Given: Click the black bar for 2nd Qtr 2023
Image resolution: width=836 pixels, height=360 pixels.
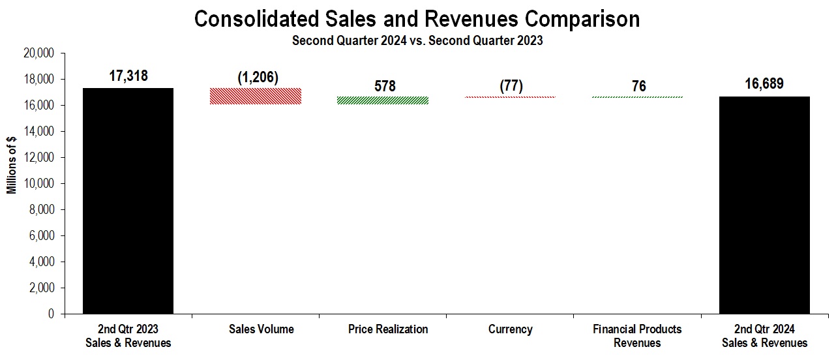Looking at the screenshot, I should pos(128,201).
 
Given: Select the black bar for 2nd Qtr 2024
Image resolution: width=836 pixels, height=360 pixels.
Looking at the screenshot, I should pos(764,205).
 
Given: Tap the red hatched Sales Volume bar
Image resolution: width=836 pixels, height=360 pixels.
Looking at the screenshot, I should pos(255,96).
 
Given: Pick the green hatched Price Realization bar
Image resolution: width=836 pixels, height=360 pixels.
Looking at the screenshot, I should pos(383,100).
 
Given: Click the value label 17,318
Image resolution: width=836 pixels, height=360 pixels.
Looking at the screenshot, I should pos(128,76).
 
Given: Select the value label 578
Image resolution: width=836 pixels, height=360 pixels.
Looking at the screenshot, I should pos(385,86).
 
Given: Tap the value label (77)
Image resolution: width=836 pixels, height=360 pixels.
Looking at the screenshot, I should pos(510,86).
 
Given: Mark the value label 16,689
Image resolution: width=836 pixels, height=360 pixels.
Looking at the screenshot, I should pos(764,85).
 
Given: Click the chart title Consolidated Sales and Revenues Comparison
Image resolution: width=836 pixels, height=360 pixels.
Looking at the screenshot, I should pos(417,19).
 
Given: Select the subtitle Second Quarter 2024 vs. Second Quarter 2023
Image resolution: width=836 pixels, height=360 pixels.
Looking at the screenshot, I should pos(417,40).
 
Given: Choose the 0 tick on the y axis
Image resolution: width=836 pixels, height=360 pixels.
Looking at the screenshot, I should pos(51,314).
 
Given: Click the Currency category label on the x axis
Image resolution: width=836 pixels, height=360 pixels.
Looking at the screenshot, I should pos(510,329).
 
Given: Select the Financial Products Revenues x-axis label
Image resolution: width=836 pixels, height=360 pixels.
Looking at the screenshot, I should pos(637,336).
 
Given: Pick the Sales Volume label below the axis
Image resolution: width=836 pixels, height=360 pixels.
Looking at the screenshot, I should pos(261,329).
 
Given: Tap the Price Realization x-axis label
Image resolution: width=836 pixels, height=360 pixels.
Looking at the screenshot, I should pos(388,329).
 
